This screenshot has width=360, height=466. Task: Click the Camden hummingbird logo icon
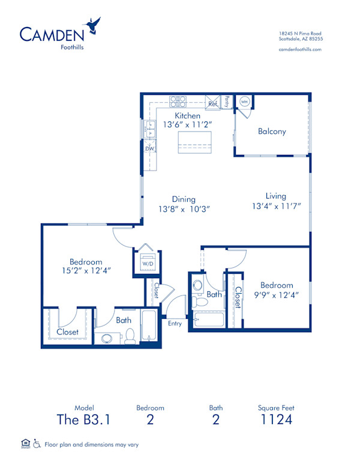(x=93, y=25)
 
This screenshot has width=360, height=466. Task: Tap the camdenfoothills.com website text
(x=300, y=49)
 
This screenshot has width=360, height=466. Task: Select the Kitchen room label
(x=187, y=115)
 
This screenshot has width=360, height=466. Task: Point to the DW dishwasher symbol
(x=150, y=148)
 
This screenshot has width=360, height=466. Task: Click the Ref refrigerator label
(x=212, y=104)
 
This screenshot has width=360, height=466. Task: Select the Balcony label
(x=272, y=132)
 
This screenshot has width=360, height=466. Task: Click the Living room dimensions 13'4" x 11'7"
(x=276, y=206)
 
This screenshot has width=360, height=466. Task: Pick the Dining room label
(x=184, y=199)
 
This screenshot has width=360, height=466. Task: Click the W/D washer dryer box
(x=146, y=262)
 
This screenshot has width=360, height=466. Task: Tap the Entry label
(x=175, y=324)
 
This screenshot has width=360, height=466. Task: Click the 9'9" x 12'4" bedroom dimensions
(x=277, y=295)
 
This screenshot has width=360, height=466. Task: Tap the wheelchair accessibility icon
(x=37, y=444)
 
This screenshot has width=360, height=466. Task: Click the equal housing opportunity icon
(x=25, y=444)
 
